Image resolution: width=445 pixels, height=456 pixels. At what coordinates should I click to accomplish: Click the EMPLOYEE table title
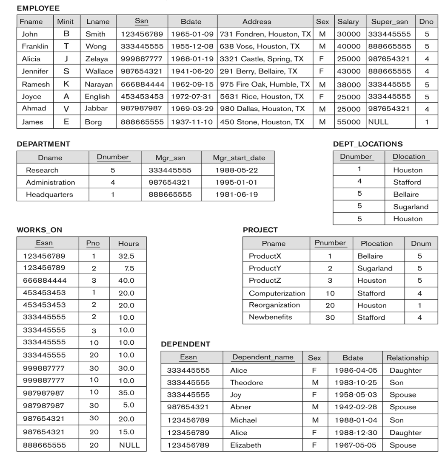[x=38, y=8]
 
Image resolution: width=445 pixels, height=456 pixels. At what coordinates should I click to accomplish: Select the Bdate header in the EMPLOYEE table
[x=191, y=21]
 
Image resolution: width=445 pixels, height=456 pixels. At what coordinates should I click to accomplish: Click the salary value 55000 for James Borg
[x=348, y=122]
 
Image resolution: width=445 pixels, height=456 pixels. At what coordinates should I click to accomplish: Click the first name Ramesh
[x=36, y=84]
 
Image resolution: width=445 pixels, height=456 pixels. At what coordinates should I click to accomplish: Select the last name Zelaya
[x=97, y=59]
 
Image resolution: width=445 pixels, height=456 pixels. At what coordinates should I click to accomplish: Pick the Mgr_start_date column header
[x=239, y=158]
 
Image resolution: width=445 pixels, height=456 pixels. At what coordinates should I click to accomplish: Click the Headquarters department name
[x=49, y=194]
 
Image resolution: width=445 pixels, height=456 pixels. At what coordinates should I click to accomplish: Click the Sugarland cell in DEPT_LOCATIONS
[x=411, y=207]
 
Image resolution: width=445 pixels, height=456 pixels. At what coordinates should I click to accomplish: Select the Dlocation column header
[x=409, y=157]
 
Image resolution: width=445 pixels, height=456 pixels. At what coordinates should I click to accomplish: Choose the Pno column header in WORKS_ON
[x=93, y=243]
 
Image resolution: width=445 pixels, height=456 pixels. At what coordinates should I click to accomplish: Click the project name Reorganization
[x=274, y=305]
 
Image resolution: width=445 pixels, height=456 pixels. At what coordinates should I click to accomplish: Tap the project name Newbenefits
[x=270, y=317]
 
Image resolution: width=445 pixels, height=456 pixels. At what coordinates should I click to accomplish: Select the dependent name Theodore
[x=246, y=383]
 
